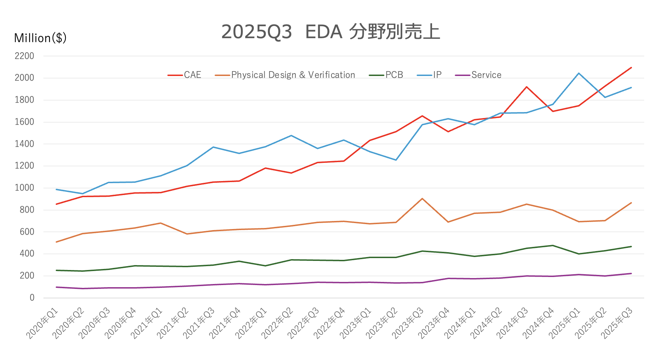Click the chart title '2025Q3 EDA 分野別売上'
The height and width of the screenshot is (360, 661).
click(330, 32)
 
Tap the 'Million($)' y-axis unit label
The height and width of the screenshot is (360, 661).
click(40, 38)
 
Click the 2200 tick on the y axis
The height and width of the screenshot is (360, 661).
click(25, 56)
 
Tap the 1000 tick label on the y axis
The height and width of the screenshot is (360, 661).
click(25, 188)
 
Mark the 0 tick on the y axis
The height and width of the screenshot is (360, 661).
click(32, 298)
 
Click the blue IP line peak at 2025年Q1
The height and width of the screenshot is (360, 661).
click(579, 73)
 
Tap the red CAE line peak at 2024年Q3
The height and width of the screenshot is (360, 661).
click(527, 87)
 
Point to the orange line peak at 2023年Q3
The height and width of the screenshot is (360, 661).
click(422, 199)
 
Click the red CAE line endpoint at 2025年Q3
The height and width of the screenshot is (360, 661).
click(631, 68)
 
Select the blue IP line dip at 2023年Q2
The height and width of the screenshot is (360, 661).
click(396, 160)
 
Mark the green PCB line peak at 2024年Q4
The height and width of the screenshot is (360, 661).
click(552, 245)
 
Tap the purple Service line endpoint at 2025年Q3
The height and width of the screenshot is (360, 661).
click(631, 274)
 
